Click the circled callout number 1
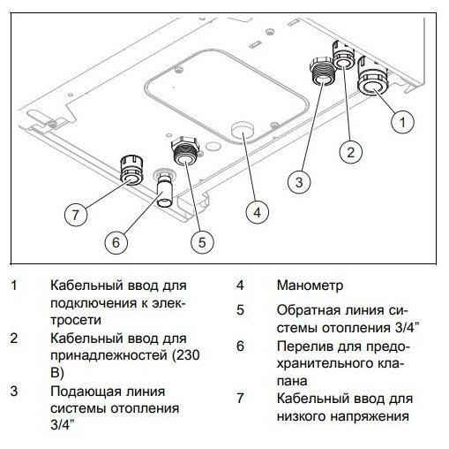402,122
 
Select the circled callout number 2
351,152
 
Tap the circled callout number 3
299,182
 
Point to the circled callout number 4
258,212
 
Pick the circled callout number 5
202,242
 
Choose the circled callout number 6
116,242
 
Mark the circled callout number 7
76,215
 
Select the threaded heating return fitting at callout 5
185,151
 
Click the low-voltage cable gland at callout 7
131,171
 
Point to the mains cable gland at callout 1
372,77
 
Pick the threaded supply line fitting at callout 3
323,71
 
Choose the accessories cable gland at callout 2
344,56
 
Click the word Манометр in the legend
310,285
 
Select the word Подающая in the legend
86,392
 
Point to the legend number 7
240,399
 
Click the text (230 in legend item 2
185,355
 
